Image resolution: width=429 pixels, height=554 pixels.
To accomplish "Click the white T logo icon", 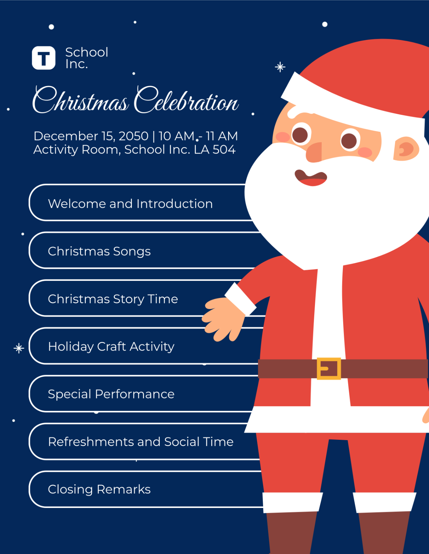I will (44, 58).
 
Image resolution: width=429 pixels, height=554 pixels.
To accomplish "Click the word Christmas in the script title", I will (80, 100).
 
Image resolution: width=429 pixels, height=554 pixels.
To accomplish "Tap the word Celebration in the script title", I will (186, 100).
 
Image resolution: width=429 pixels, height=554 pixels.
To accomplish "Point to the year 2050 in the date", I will (133, 136).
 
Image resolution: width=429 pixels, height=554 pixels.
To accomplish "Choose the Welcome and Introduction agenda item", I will (130, 203).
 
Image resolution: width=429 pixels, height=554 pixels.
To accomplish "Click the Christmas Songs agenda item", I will (99, 251).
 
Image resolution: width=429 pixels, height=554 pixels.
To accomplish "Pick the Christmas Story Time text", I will (113, 299).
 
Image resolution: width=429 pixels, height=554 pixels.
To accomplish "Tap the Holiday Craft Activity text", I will (111, 347).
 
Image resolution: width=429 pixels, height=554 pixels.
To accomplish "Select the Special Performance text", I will (111, 394).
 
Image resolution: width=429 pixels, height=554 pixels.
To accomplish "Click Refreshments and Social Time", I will (141, 442).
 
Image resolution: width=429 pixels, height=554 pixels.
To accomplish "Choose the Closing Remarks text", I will (99, 489).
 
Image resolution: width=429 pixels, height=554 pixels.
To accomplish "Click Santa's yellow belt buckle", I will (329, 368).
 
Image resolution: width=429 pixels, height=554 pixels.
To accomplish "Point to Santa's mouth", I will (311, 178).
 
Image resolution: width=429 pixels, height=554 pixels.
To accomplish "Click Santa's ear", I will (406, 149).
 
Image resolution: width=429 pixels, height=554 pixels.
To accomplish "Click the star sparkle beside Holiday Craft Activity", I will (19, 348).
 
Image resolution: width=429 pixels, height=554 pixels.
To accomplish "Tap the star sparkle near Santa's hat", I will (280, 67).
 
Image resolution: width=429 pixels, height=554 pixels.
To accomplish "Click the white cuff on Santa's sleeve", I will (240, 299).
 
